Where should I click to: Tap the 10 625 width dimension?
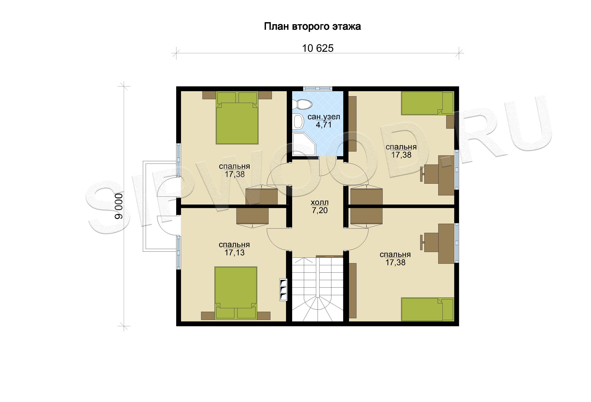pyautogui.click(x=318, y=48)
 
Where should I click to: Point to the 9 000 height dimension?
pyautogui.click(x=119, y=206)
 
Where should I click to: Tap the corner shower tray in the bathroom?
pyautogui.click(x=304, y=144)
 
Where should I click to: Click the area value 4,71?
pyautogui.click(x=324, y=125)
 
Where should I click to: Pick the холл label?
pyautogui.click(x=320, y=203)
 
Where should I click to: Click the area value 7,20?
pyautogui.click(x=320, y=210)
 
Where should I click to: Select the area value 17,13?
pyautogui.click(x=235, y=253)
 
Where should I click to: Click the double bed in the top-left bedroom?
pyautogui.click(x=237, y=118)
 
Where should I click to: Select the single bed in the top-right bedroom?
pyautogui.click(x=427, y=103)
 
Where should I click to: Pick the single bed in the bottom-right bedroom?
pyautogui.click(x=427, y=309)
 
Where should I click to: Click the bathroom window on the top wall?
pyautogui.click(x=318, y=88)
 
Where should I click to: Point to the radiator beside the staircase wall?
pyautogui.click(x=283, y=290)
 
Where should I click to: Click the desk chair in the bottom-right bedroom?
pyautogui.click(x=429, y=242)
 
